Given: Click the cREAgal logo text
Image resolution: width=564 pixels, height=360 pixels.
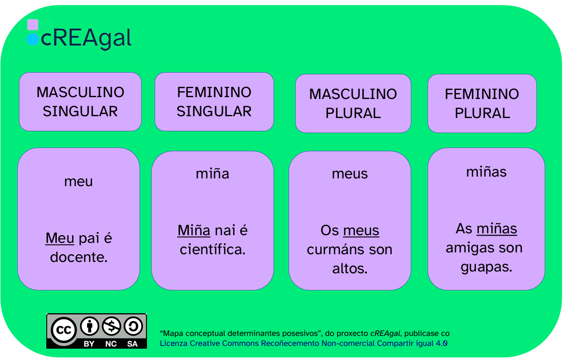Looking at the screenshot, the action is (x=86, y=38).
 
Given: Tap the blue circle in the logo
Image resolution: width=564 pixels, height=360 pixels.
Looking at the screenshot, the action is (x=33, y=39).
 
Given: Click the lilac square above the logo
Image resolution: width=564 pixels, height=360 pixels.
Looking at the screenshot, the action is (x=33, y=25).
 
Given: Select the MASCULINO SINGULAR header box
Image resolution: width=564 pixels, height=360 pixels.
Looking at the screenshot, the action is (x=80, y=102).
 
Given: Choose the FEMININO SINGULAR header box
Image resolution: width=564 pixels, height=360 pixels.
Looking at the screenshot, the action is (x=214, y=102).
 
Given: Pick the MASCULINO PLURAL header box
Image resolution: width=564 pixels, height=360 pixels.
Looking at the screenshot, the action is (x=353, y=104).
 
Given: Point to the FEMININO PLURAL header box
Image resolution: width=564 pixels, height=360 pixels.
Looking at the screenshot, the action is (x=482, y=104).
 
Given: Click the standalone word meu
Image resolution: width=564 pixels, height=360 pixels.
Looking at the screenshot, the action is (x=78, y=182).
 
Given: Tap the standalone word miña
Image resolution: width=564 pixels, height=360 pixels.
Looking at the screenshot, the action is (x=212, y=173).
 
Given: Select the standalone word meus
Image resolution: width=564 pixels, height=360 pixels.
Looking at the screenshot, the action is (x=350, y=174).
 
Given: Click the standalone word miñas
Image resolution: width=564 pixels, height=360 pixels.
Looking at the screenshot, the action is (x=486, y=172).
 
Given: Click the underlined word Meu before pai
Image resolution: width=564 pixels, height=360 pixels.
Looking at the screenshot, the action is (x=60, y=238).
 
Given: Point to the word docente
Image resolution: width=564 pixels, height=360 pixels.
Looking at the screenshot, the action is (x=79, y=257).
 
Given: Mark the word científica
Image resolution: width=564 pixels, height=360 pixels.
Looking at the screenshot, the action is (x=212, y=249).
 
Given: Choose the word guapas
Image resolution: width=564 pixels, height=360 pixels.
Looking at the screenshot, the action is (x=486, y=267).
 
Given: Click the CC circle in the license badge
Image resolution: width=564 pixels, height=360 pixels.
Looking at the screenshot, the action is (x=64, y=330).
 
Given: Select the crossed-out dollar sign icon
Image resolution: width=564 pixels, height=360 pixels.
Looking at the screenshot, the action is (x=111, y=326).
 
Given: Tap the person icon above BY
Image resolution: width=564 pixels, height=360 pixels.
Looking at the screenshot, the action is (x=89, y=326).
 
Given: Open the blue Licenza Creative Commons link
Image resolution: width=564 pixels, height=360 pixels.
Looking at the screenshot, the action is (x=304, y=343).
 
